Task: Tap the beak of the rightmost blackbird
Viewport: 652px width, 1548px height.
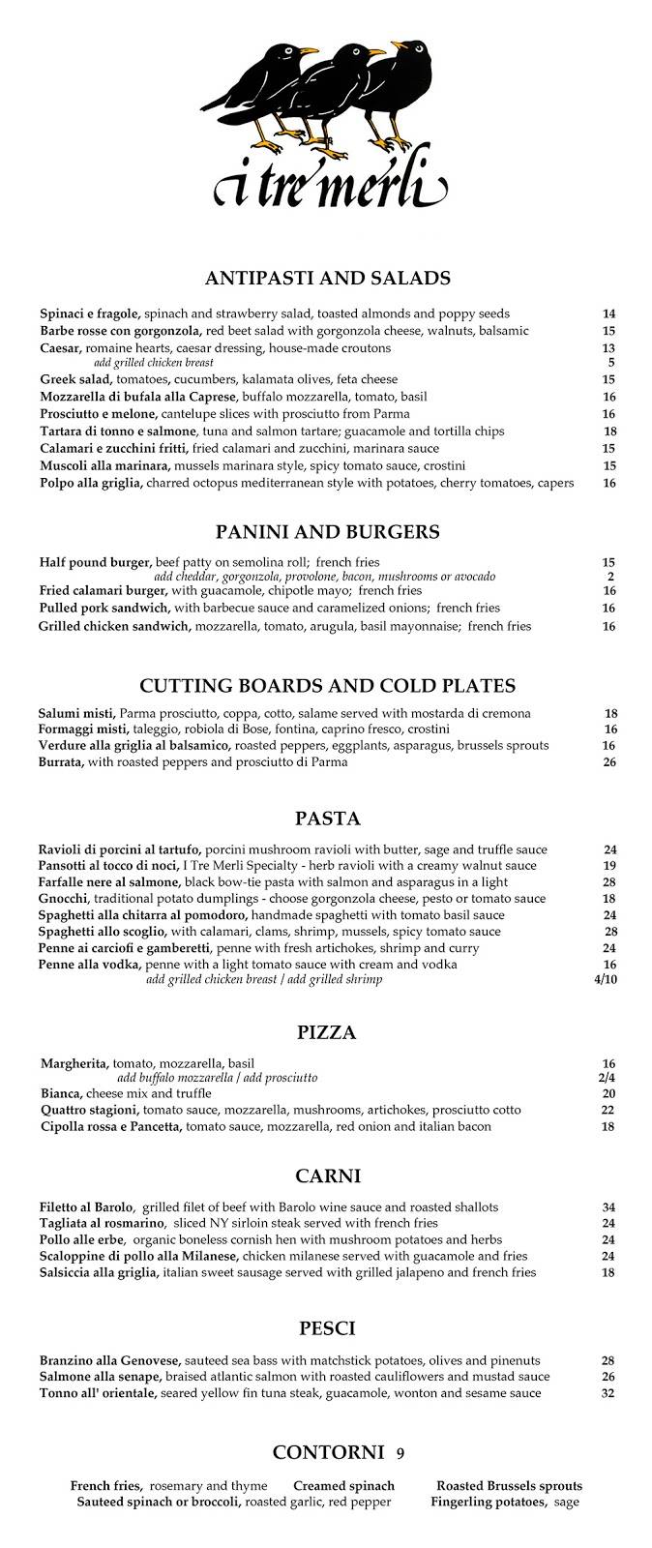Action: pyautogui.click(x=397, y=44)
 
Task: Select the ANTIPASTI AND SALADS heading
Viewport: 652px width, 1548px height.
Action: pyautogui.click(x=328, y=279)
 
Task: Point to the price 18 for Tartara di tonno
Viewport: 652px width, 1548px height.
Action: pyautogui.click(x=609, y=432)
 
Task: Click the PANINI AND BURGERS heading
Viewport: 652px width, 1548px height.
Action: pyautogui.click(x=328, y=531)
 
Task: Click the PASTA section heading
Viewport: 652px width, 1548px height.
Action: pyautogui.click(x=328, y=819)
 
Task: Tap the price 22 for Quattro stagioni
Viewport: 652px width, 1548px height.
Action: pyautogui.click(x=608, y=1110)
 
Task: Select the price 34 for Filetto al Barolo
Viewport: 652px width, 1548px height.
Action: pyautogui.click(x=608, y=1206)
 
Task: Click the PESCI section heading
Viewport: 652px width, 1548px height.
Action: pyautogui.click(x=328, y=1328)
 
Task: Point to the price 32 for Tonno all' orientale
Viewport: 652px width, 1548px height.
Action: pyautogui.click(x=608, y=1393)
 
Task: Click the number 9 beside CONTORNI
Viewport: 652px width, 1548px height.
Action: pyautogui.click(x=400, y=1453)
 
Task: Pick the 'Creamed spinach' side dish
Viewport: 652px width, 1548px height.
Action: pyautogui.click(x=343, y=1486)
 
